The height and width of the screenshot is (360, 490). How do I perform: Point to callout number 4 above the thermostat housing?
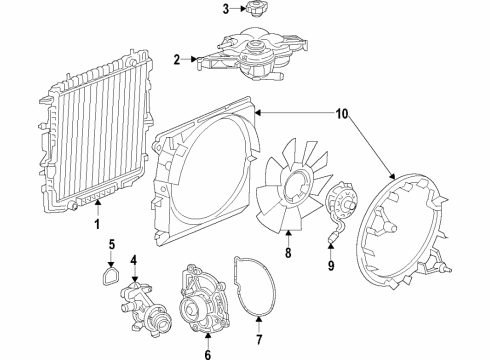[133, 261]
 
